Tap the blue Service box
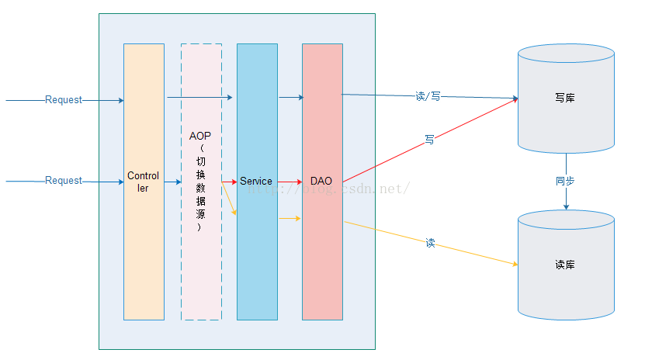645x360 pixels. pyautogui.click(x=257, y=248)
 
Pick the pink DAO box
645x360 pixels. pyautogui.click(x=322, y=248)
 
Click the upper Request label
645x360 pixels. pyautogui.click(x=64, y=100)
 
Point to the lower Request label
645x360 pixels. pyautogui.click(x=64, y=181)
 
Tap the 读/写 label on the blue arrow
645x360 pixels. pyautogui.click(x=428, y=96)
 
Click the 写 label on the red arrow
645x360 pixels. pyautogui.click(x=429, y=140)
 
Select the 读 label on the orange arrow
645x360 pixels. pyautogui.click(x=430, y=243)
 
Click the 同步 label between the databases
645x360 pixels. pyautogui.click(x=566, y=181)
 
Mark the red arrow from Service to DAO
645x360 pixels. pyautogui.click(x=290, y=182)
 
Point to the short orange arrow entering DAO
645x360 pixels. pyautogui.click(x=290, y=219)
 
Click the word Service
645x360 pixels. pyautogui.click(x=256, y=182)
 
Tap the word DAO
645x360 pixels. pyautogui.click(x=321, y=182)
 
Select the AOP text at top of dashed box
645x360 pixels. pyautogui.click(x=200, y=136)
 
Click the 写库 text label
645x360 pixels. pyautogui.click(x=565, y=99)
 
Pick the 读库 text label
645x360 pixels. pyautogui.click(x=565, y=265)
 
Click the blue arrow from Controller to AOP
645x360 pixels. pyautogui.click(x=172, y=182)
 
